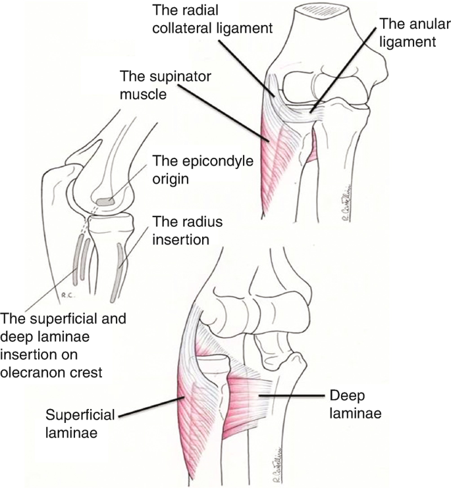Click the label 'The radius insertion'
180,230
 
